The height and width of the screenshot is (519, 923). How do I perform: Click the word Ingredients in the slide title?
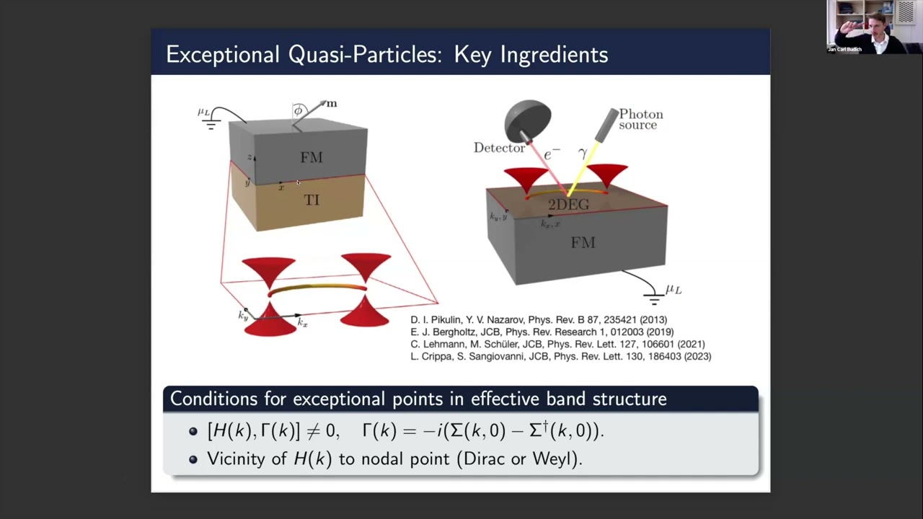[531, 55]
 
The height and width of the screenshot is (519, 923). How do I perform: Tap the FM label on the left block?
[312, 157]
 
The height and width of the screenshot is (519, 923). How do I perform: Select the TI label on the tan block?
[312, 200]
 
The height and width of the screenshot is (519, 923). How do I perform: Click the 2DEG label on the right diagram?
[568, 205]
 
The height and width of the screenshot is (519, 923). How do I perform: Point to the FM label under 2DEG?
[583, 243]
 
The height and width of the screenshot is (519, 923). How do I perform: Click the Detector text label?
[499, 148]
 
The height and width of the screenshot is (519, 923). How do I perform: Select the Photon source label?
[640, 120]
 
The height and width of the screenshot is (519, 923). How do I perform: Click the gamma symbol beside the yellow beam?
[583, 153]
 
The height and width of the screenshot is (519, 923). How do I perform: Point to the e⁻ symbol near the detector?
[552, 154]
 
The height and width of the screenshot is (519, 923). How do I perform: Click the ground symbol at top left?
[211, 125]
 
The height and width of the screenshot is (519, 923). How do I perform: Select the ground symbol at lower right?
[654, 299]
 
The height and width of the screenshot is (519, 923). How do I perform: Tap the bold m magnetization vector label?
[331, 103]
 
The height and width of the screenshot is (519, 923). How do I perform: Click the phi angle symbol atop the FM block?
[298, 111]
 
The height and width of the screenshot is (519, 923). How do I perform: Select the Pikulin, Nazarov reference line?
[539, 319]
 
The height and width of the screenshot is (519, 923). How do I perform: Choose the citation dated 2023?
[560, 356]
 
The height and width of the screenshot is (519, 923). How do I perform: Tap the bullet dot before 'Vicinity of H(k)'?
[193, 459]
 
